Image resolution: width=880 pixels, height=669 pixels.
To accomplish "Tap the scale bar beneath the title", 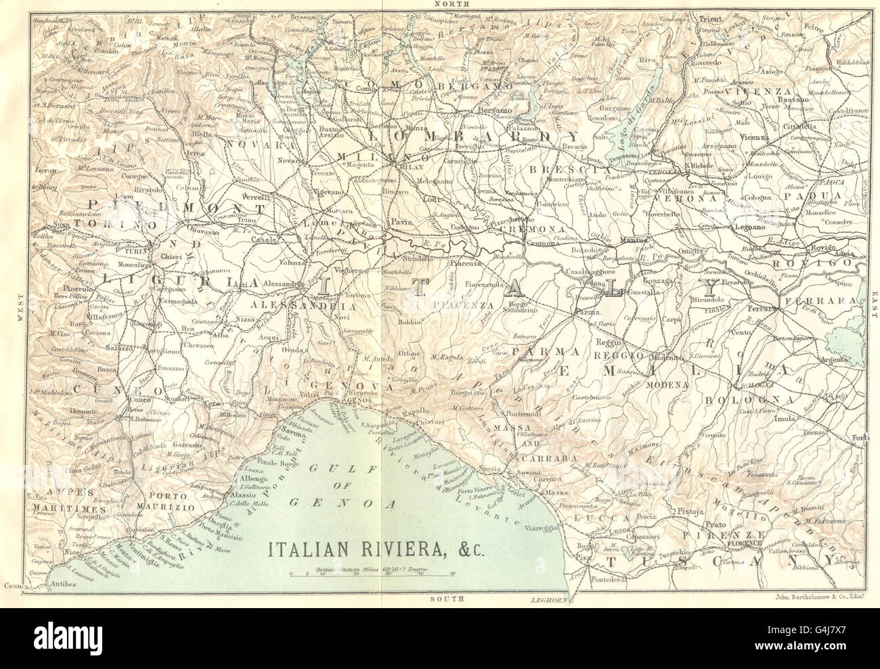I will point(372,574).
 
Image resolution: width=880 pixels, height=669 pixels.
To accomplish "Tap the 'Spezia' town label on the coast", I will point(488,469).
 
